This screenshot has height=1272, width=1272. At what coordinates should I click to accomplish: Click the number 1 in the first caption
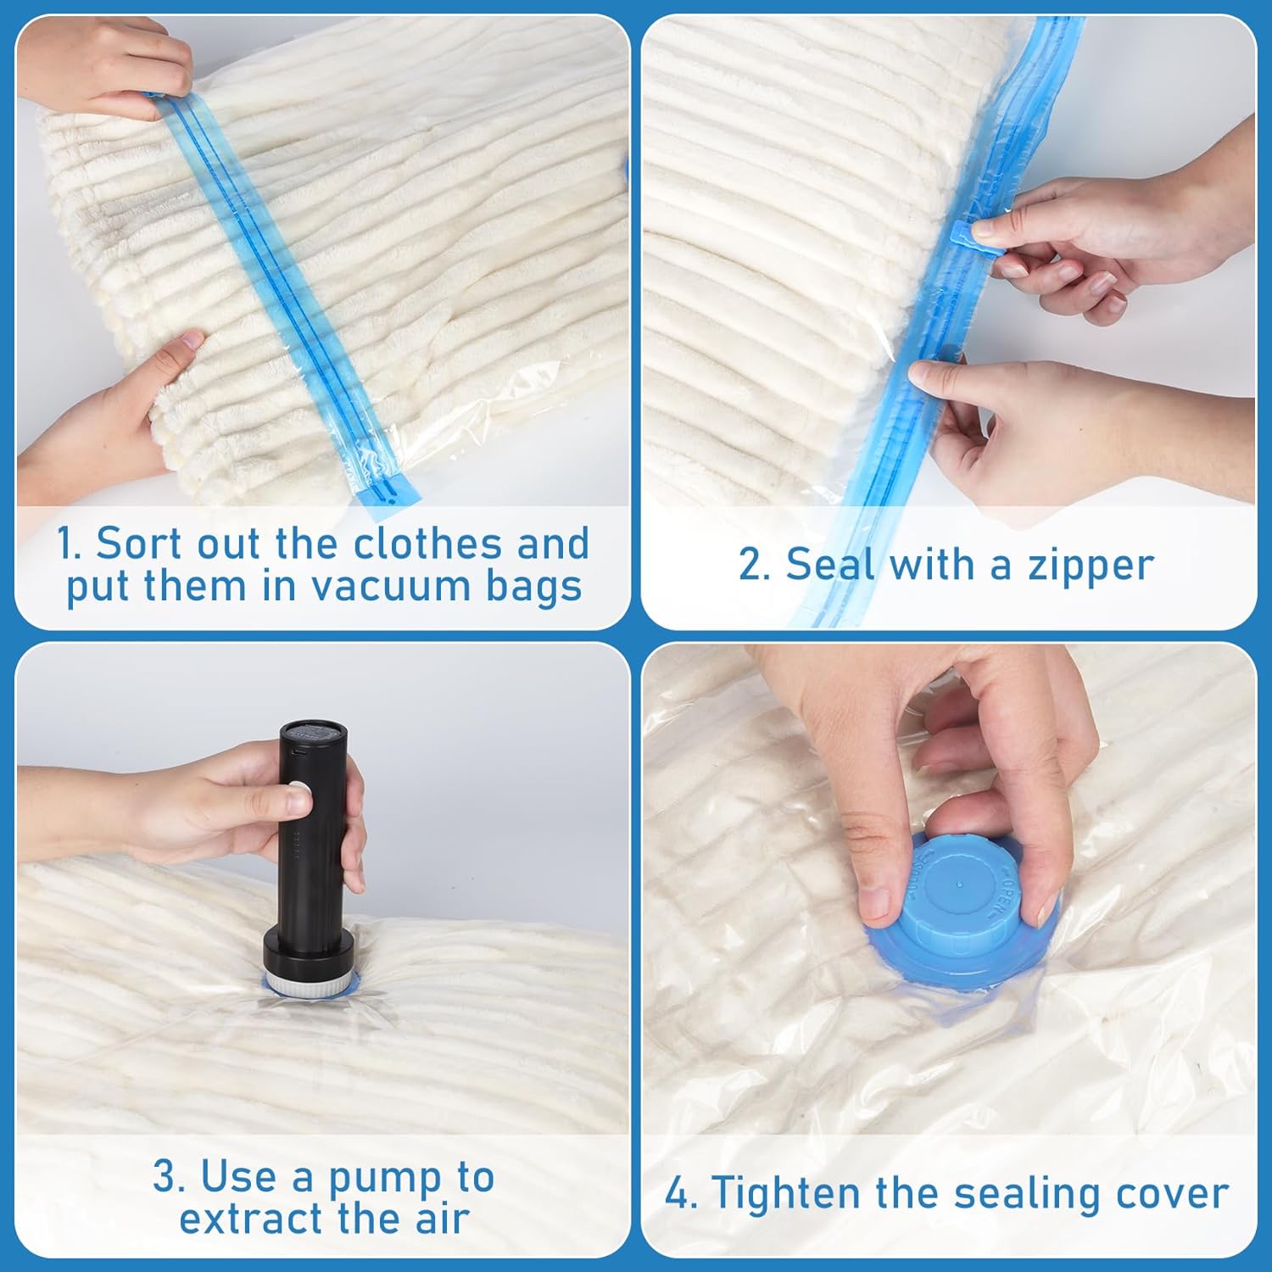click(68, 544)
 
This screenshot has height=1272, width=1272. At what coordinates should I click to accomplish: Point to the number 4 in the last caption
click(678, 1193)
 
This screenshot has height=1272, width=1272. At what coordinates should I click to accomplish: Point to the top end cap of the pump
click(313, 733)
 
